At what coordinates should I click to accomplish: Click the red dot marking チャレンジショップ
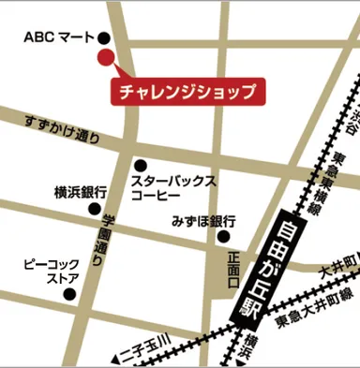tap(105, 58)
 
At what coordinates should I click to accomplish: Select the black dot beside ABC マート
tap(103, 38)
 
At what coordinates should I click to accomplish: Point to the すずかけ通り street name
tap(61, 131)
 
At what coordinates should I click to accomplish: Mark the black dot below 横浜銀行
tap(95, 209)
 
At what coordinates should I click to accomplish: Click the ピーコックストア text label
tap(50, 272)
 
